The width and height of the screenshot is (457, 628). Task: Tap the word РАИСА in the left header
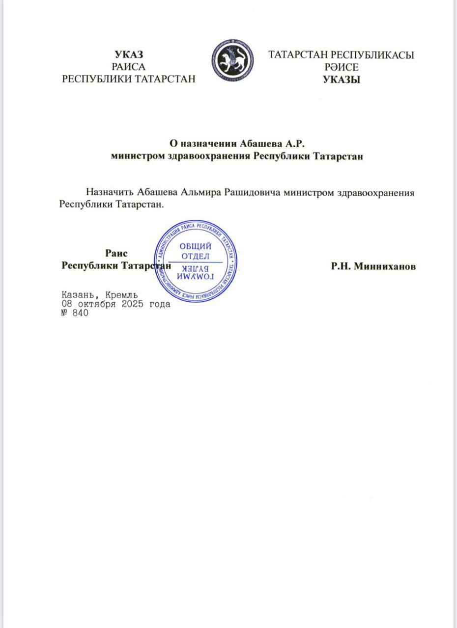pos(129,66)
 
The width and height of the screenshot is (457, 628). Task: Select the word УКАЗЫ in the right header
pos(342,80)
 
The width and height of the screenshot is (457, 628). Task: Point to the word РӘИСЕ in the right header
pos(342,67)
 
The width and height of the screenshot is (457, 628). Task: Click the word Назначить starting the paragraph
pos(110,192)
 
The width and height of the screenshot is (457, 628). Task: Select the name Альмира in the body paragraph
pos(200,192)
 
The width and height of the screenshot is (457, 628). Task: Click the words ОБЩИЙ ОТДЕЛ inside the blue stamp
pos(196,251)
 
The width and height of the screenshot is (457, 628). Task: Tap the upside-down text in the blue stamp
pos(196,274)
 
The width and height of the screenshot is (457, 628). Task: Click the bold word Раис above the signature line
pos(116,253)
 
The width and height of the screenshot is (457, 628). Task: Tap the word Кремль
pos(121,295)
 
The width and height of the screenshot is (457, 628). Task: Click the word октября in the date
pos(97,304)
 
